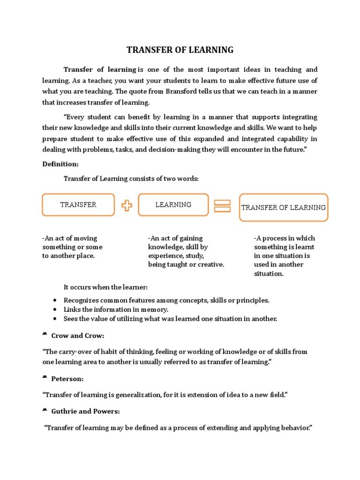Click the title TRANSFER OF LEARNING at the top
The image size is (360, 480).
pos(180,50)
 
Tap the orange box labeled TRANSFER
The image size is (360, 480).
pos(78,205)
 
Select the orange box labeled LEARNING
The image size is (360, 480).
pos(173,205)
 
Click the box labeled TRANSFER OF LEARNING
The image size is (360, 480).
pos(284,207)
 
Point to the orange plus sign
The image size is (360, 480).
pos(127,205)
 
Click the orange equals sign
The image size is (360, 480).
pos(222,206)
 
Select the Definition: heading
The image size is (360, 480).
pos(60,164)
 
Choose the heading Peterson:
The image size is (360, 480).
pos(67,379)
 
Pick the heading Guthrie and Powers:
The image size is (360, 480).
pos(85,411)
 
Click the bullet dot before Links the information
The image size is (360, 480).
pos(56,310)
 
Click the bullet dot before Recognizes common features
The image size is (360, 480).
pos(56,300)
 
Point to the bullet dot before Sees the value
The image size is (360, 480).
pos(56,319)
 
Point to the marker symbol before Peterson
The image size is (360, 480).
pos(45,378)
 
